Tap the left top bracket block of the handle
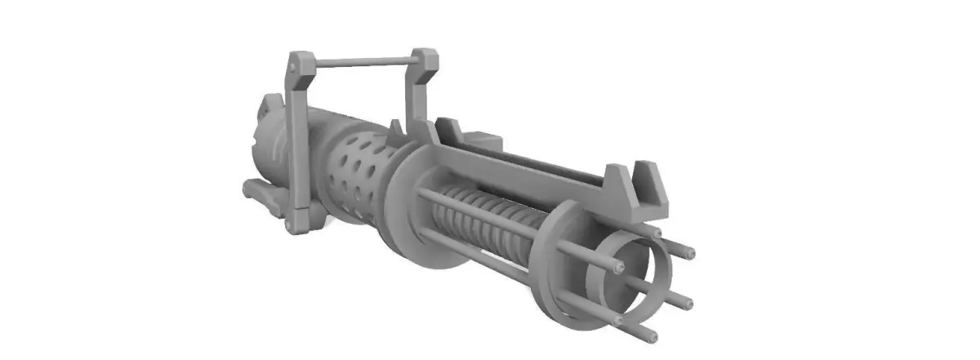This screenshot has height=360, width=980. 301,64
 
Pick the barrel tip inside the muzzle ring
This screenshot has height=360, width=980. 621,269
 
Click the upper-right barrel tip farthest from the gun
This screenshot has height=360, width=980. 690,252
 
